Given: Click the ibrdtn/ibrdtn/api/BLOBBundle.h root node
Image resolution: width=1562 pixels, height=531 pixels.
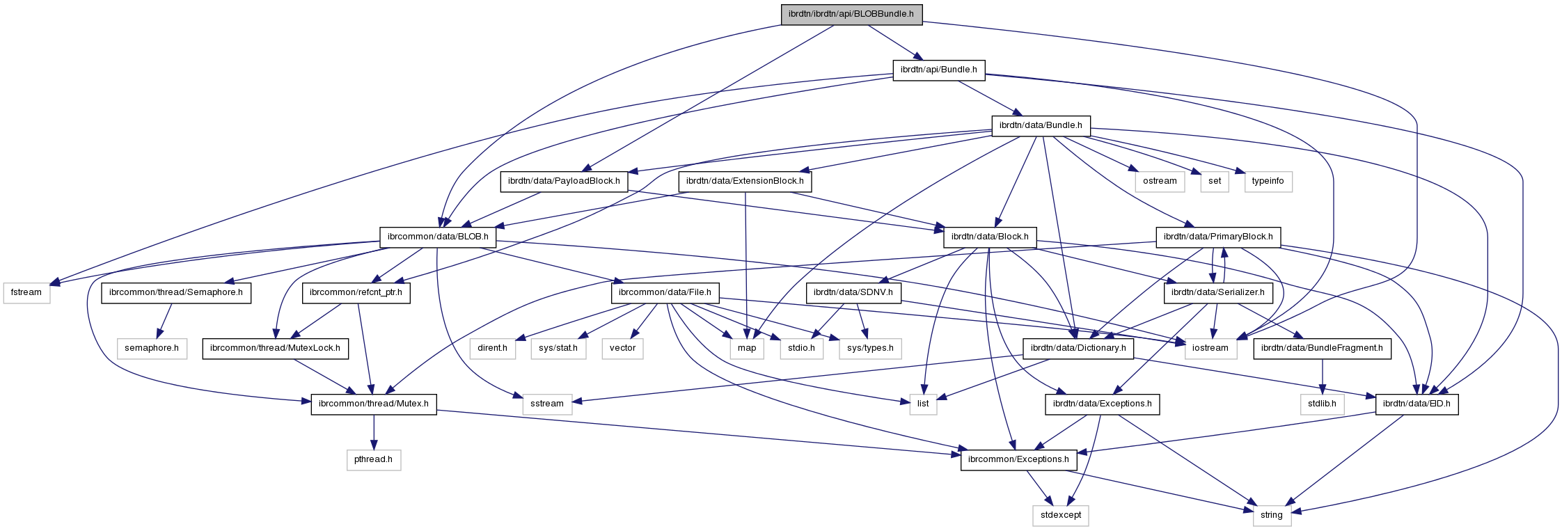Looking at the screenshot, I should coord(851,14).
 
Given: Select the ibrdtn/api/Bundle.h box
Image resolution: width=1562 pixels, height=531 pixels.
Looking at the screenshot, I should coord(938,70).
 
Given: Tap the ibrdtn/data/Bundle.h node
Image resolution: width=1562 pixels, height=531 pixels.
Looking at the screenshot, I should coord(1041,126).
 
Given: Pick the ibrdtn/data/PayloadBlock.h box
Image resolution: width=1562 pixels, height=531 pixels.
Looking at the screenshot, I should coord(564,181).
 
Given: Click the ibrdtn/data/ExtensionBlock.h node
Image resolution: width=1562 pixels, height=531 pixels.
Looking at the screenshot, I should coord(745,181).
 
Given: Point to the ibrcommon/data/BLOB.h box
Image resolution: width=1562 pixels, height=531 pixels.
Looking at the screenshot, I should coord(438,237).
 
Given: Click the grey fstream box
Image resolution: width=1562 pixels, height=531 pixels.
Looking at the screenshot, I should coord(26,292).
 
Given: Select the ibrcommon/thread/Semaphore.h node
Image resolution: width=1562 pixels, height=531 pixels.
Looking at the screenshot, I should coord(176,292).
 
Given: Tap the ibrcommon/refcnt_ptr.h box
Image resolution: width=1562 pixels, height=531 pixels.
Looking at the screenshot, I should coord(356,292).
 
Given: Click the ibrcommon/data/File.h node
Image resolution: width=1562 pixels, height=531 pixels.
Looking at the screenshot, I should coord(665,292).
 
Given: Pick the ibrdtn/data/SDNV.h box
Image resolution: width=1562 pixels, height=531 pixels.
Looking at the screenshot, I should coord(853,292).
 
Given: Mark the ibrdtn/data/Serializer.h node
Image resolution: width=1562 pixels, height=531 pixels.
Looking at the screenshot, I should coord(1217,292).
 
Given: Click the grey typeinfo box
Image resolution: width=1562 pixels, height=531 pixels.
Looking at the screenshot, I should coord(1268,181).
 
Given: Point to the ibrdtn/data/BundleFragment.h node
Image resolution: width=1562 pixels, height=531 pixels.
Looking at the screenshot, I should coord(1322,348).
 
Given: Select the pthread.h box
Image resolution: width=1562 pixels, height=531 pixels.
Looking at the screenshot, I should coord(374,459).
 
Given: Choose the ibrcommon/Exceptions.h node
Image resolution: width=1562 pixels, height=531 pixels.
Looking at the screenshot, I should coord(1019,459).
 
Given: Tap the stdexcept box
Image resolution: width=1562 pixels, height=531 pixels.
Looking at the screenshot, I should coord(1061,515).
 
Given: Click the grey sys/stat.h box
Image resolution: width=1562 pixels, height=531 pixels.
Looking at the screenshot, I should coord(559,348).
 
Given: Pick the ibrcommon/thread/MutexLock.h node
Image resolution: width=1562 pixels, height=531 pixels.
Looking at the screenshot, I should coord(276,348).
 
